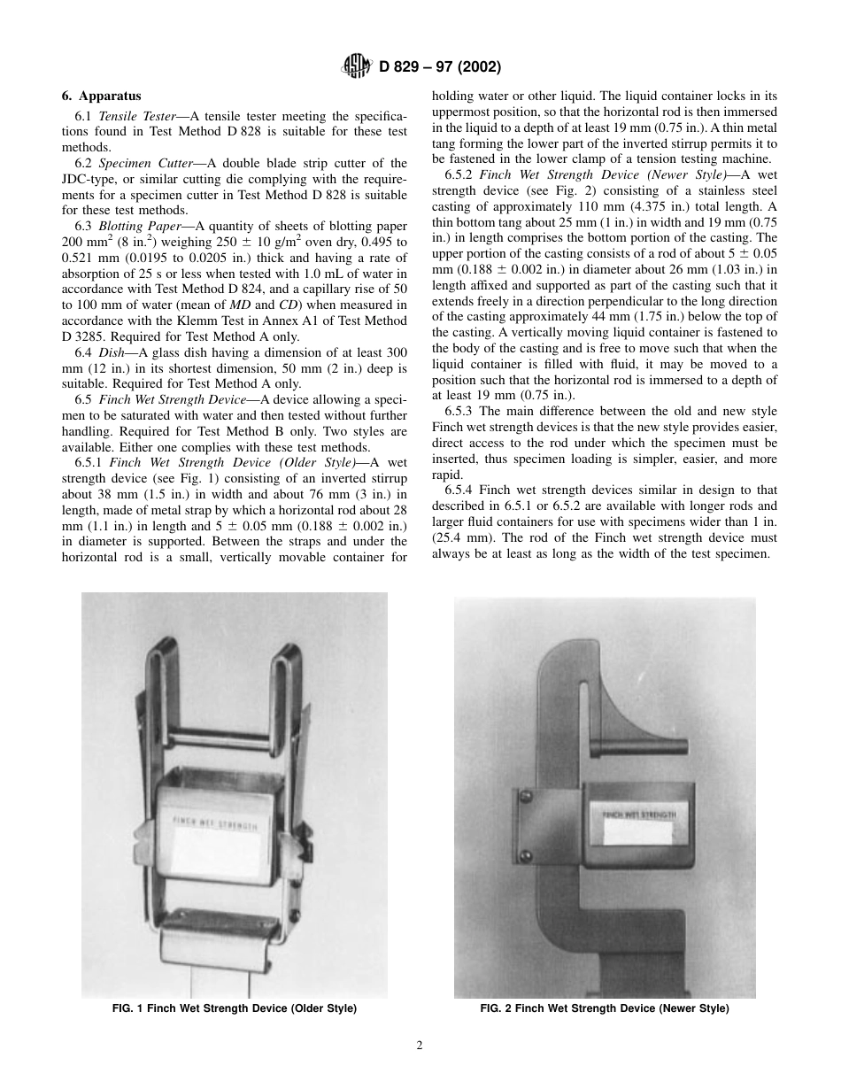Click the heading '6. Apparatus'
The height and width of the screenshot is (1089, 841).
(103, 97)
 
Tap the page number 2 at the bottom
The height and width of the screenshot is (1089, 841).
(420, 1045)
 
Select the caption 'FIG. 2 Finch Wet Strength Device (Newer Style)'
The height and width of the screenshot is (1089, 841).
(605, 1008)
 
